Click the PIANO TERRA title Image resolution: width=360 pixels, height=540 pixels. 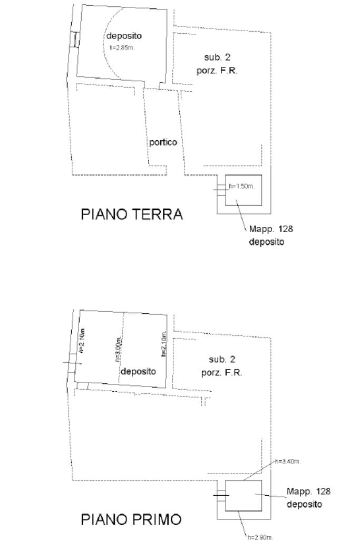(131, 215)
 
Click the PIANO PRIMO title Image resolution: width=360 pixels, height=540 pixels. (131, 519)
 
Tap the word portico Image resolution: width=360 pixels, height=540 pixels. (162, 142)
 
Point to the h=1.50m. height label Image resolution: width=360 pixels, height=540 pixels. (242, 186)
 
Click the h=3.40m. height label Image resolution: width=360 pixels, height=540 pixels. (288, 462)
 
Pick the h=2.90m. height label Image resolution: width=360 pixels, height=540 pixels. (260, 537)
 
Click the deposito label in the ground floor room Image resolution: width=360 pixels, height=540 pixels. (124, 36)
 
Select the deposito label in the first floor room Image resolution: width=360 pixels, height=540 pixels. (139, 371)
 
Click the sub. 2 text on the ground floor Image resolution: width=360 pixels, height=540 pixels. (217, 57)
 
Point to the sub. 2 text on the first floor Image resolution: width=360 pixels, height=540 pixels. (221, 360)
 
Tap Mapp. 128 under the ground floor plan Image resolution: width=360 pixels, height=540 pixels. (271, 229)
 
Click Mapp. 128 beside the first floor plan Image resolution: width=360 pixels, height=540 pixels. (308, 491)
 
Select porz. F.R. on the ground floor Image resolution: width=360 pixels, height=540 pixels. (217, 70)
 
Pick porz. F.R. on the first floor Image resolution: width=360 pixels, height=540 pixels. (221, 373)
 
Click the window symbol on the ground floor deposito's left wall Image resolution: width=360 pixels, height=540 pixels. (76, 39)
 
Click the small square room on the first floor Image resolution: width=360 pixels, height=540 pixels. (244, 496)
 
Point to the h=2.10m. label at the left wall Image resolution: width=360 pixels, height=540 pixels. (82, 341)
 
